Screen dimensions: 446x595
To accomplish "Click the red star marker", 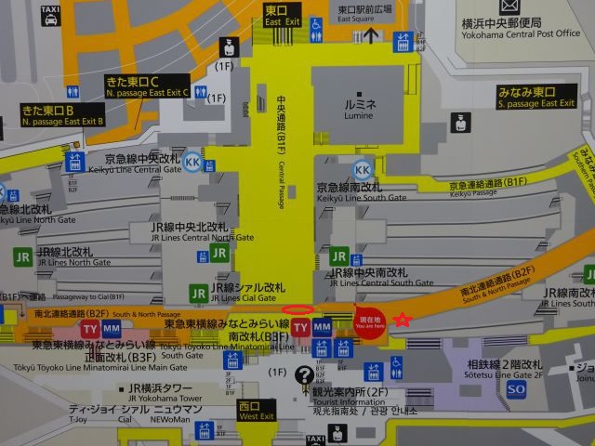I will pyautogui.click(x=402, y=320).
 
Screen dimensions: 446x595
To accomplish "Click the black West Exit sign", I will pyautogui.click(x=256, y=410).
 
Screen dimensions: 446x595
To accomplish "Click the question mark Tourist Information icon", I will pyautogui.click(x=303, y=375).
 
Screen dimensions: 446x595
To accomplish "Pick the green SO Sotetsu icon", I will pyautogui.click(x=516, y=388).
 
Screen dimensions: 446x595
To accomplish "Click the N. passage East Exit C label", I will pyautogui.click(x=147, y=86).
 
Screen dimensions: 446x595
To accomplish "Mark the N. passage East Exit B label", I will pyautogui.click(x=62, y=116).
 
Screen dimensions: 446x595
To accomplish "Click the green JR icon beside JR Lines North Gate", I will pyautogui.click(x=23, y=255).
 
